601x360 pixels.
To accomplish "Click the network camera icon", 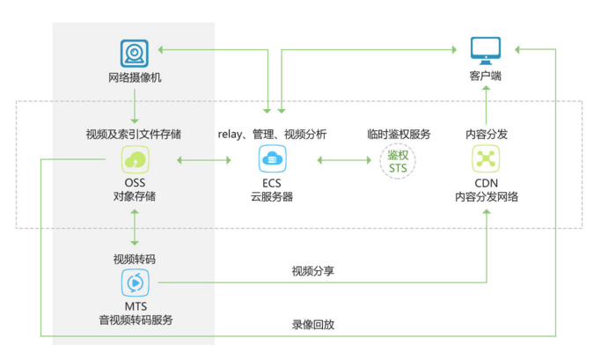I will pyautogui.click(x=135, y=54).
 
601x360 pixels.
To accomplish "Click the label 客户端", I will pyautogui.click(x=485, y=77).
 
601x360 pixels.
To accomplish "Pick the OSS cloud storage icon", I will pyautogui.click(x=135, y=160).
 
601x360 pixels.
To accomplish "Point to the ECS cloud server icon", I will pyautogui.click(x=272, y=160).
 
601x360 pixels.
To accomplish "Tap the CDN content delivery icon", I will pyautogui.click(x=486, y=160).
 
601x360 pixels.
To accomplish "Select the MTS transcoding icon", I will pyautogui.click(x=135, y=283).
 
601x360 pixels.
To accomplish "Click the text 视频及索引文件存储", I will pyautogui.click(x=135, y=135).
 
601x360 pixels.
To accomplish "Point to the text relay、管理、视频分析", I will pyautogui.click(x=272, y=135).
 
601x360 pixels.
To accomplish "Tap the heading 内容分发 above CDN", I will pyautogui.click(x=486, y=135).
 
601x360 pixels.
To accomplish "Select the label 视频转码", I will pyautogui.click(x=135, y=260).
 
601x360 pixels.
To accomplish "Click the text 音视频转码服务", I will pyautogui.click(x=135, y=319).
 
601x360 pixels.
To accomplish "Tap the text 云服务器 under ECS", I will pyautogui.click(x=272, y=197).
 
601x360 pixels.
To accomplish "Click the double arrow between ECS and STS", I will pyautogui.click(x=344, y=160).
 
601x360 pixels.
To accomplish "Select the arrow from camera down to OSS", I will pyautogui.click(x=135, y=106).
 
